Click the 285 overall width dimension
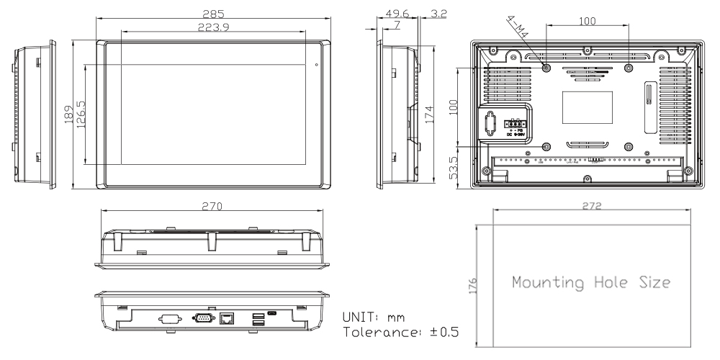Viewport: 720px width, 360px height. pyautogui.click(x=213, y=14)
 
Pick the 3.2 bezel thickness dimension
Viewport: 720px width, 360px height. pyautogui.click(x=437, y=13)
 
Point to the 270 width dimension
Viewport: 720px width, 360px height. pyautogui.click(x=213, y=206)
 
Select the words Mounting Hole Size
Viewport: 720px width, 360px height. pyautogui.click(x=592, y=282)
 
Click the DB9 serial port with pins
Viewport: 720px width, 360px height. pyautogui.click(x=202, y=316)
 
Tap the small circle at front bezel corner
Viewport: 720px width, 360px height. pyautogui.click(x=316, y=65)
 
